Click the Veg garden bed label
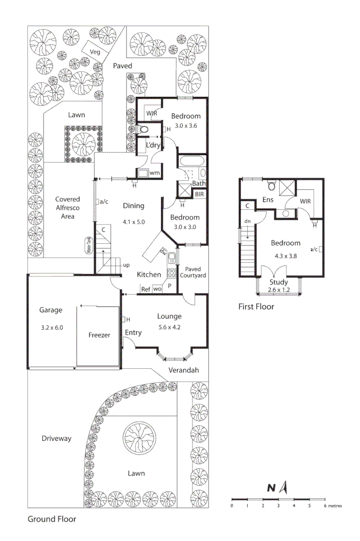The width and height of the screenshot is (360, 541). (94, 52)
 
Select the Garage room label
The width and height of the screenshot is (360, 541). (50, 310)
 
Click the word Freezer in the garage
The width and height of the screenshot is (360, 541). (99, 335)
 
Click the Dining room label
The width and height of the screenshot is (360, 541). (134, 206)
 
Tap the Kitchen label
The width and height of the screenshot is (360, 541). (149, 274)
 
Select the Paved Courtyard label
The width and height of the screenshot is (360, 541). (195, 272)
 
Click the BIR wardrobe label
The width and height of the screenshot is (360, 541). (200, 194)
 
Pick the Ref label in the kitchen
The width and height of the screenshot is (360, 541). (146, 289)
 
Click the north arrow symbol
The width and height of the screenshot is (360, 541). (285, 488)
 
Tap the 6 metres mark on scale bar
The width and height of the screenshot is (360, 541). (325, 505)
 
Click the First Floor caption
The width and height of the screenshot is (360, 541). (256, 307)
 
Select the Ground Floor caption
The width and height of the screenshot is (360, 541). (52, 519)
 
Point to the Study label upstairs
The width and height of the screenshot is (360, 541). (279, 282)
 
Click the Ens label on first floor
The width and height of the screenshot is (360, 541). (268, 200)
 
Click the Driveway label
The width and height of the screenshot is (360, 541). (56, 438)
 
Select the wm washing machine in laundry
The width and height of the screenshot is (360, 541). (155, 173)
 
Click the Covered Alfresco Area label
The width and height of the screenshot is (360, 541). (68, 208)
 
